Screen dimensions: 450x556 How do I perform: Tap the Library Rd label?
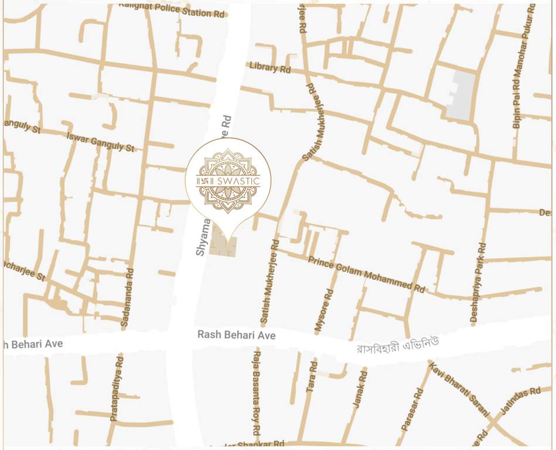click(x=270, y=67)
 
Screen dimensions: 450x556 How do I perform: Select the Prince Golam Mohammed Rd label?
click(x=366, y=274)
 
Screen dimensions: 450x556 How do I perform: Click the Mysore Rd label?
click(x=324, y=311)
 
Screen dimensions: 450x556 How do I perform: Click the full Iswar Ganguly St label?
click(x=101, y=141)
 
